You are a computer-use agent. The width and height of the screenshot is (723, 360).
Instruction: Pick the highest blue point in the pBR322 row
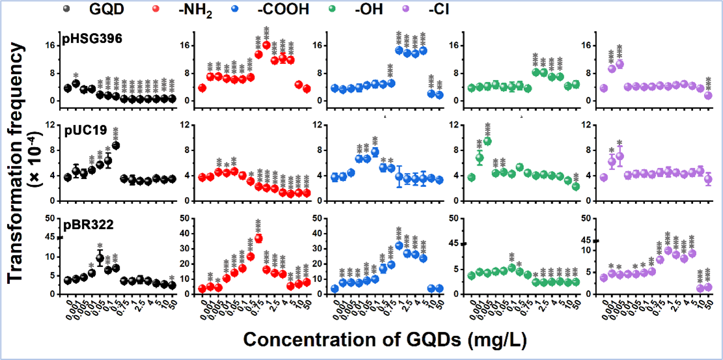(399, 245)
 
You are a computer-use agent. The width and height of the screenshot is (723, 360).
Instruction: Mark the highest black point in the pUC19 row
(116, 145)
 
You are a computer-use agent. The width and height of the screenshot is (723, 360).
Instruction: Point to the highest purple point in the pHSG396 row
(620, 64)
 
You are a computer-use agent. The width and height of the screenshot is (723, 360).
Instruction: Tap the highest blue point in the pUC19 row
(375, 152)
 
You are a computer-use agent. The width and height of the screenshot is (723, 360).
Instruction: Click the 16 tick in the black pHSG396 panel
(49, 46)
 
